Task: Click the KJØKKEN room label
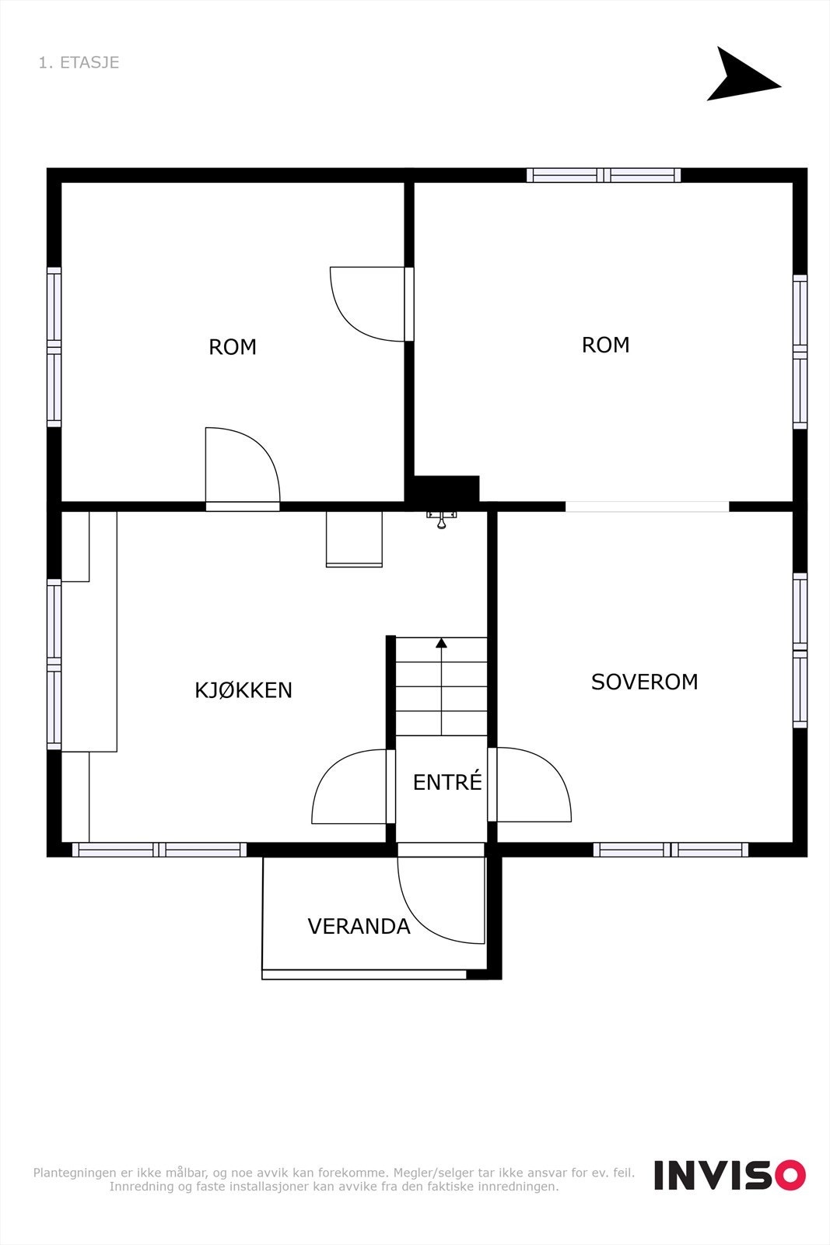(x=243, y=690)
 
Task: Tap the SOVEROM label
(x=644, y=682)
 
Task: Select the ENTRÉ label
(x=447, y=782)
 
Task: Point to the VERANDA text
(x=359, y=926)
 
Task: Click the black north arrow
(x=737, y=76)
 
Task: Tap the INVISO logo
(x=729, y=1175)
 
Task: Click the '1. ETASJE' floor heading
(x=79, y=62)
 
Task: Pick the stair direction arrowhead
(x=441, y=643)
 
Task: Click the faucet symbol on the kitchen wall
(x=441, y=519)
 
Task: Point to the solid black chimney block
(x=446, y=489)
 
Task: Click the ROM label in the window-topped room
(x=605, y=345)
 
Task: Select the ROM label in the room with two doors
(x=233, y=347)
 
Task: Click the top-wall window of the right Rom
(x=603, y=175)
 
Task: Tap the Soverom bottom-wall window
(x=671, y=849)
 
